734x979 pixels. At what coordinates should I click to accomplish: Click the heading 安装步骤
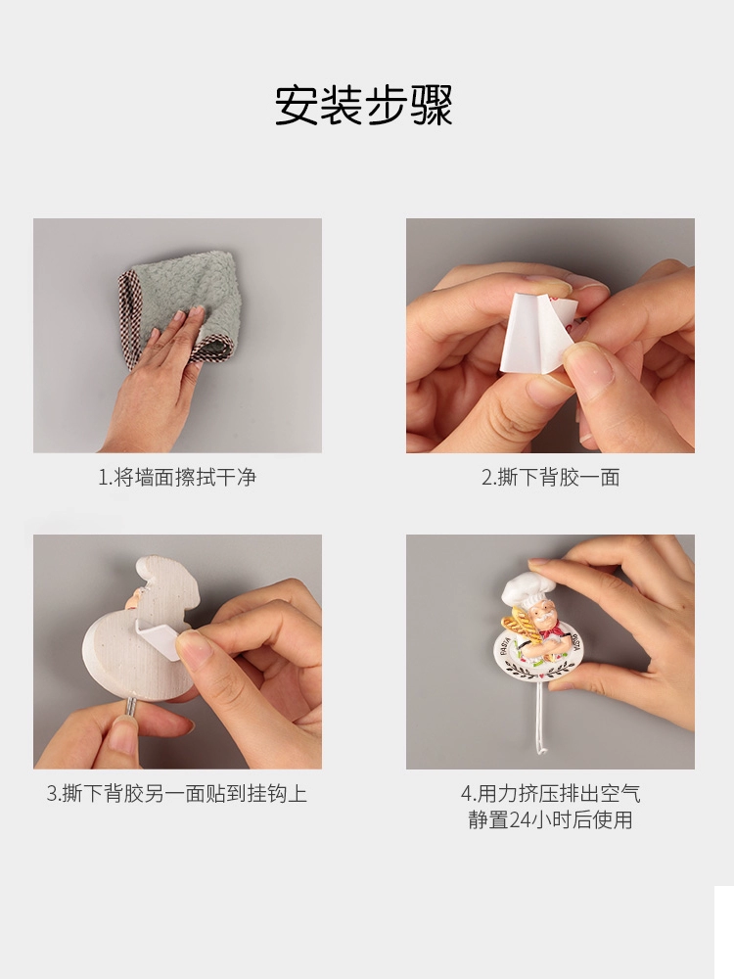(364, 105)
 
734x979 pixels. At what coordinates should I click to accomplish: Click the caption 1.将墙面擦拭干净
(177, 478)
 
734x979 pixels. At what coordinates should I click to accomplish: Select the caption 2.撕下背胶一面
(550, 478)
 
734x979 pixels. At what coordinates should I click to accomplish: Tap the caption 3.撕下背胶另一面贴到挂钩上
(177, 794)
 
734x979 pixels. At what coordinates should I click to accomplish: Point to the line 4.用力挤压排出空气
(550, 794)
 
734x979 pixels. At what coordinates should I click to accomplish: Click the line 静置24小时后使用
(550, 819)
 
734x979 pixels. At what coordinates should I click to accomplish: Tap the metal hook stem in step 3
(131, 712)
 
